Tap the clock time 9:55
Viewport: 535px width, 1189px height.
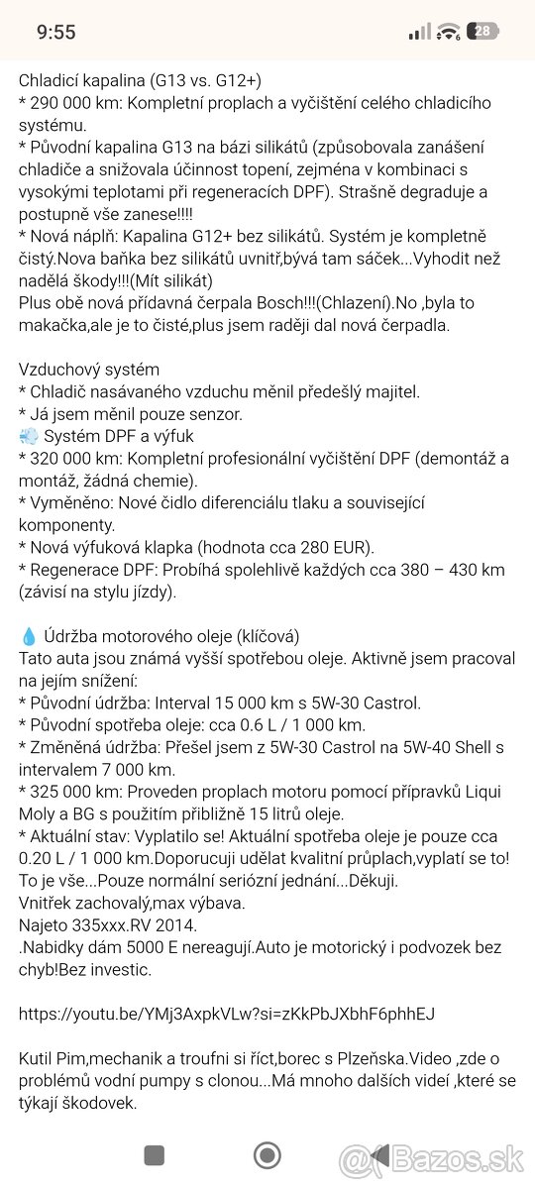pos(55,32)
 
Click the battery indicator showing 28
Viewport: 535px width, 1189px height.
pos(483,32)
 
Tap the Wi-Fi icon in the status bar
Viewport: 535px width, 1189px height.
pos(450,32)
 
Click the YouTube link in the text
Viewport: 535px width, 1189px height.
pos(226,1014)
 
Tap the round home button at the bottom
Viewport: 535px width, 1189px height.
pos(267,1155)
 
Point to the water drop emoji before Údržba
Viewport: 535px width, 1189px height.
pos(28,636)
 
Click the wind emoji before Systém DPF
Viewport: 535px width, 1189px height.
pos(28,435)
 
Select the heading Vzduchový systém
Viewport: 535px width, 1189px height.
pos(88,370)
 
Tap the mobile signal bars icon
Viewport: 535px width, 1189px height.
pos(420,32)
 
